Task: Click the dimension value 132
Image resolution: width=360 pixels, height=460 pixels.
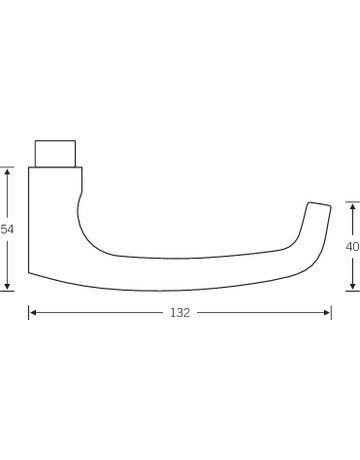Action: [x=180, y=313]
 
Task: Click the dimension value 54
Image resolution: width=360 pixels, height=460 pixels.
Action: [x=7, y=229]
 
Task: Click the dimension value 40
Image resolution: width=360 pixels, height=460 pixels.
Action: [x=353, y=247]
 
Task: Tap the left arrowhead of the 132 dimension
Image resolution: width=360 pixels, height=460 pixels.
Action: [x=33, y=313]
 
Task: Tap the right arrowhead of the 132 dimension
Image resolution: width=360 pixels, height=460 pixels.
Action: [x=327, y=313]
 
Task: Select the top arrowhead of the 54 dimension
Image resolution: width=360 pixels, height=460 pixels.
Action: [x=7, y=171]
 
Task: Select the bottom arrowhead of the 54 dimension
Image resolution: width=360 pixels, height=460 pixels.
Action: [x=7, y=286]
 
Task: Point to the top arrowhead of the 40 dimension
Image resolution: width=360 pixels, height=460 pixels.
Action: [x=353, y=207]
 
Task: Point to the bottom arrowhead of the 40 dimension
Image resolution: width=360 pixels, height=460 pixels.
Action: [x=353, y=286]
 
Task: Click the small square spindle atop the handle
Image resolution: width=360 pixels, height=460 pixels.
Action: [x=55, y=153]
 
